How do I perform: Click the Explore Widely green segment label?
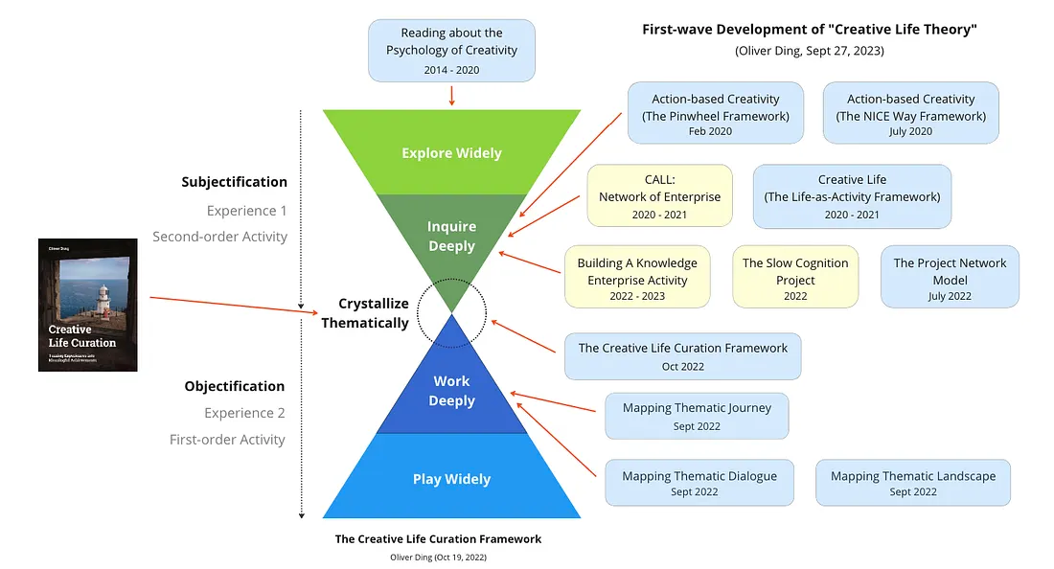(451, 153)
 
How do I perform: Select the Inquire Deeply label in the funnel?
(451, 237)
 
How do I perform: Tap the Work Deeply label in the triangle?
(451, 392)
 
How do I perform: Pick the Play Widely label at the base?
(451, 479)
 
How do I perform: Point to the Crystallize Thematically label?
(364, 313)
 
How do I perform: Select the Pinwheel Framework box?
(715, 113)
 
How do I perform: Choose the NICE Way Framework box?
(910, 113)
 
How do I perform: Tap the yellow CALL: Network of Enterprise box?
(659, 195)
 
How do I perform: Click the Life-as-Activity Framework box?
(852, 195)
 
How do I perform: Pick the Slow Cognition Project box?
(795, 278)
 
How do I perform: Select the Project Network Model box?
(950, 278)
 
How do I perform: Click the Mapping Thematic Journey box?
(697, 416)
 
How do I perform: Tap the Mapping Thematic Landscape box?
(912, 483)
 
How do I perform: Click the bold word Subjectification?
(234, 182)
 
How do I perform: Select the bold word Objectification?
(234, 386)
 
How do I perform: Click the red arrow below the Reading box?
(451, 95)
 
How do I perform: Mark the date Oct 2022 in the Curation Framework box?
(682, 366)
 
